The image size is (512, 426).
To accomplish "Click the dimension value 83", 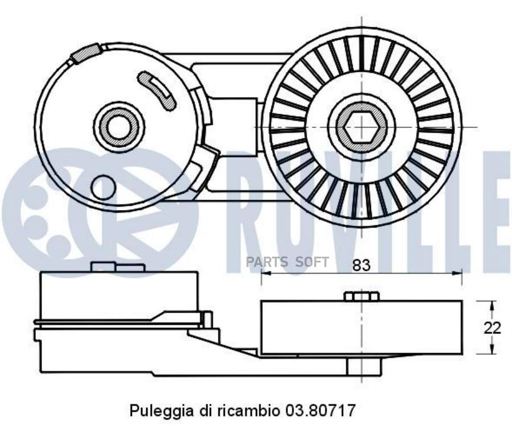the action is pos(361,265).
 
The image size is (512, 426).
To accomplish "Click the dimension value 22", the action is pos(492,328).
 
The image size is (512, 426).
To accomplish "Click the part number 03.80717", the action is pos(320,410).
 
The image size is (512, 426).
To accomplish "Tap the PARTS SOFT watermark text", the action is pos(287,262).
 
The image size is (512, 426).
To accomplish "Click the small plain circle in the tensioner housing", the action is pos(104,187).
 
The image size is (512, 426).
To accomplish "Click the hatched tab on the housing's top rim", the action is pos(85,53).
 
